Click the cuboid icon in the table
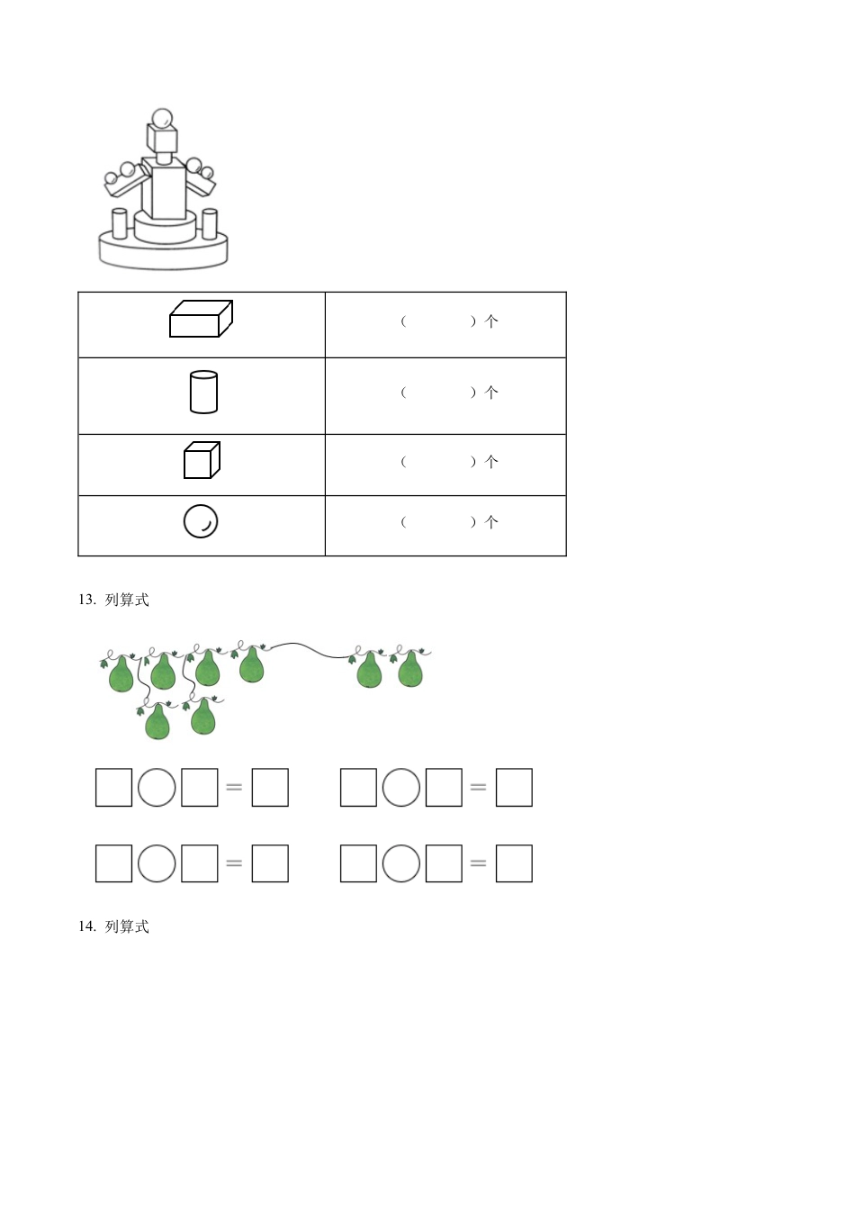[201, 319]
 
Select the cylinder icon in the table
[203, 392]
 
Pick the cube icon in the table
[202, 460]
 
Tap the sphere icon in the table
[201, 521]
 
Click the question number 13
[87, 600]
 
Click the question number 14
[87, 926]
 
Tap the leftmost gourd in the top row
[121, 673]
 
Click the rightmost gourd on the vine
[409, 669]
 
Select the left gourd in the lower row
[157, 721]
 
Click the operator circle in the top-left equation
[157, 788]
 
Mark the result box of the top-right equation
[514, 788]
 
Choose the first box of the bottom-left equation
[114, 863]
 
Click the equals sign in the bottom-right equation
[478, 863]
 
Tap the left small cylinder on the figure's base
[120, 223]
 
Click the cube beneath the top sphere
[162, 137]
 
